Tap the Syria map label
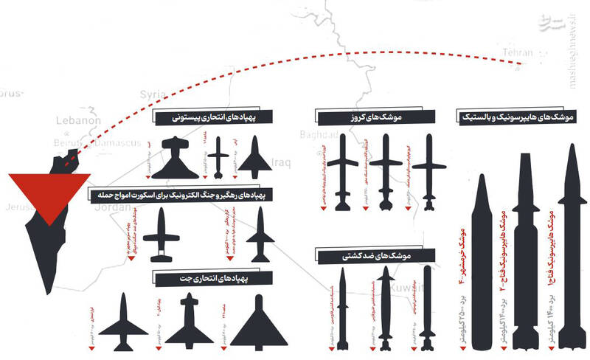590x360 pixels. pos(153,94)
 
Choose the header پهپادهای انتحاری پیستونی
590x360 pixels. pos(213,118)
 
